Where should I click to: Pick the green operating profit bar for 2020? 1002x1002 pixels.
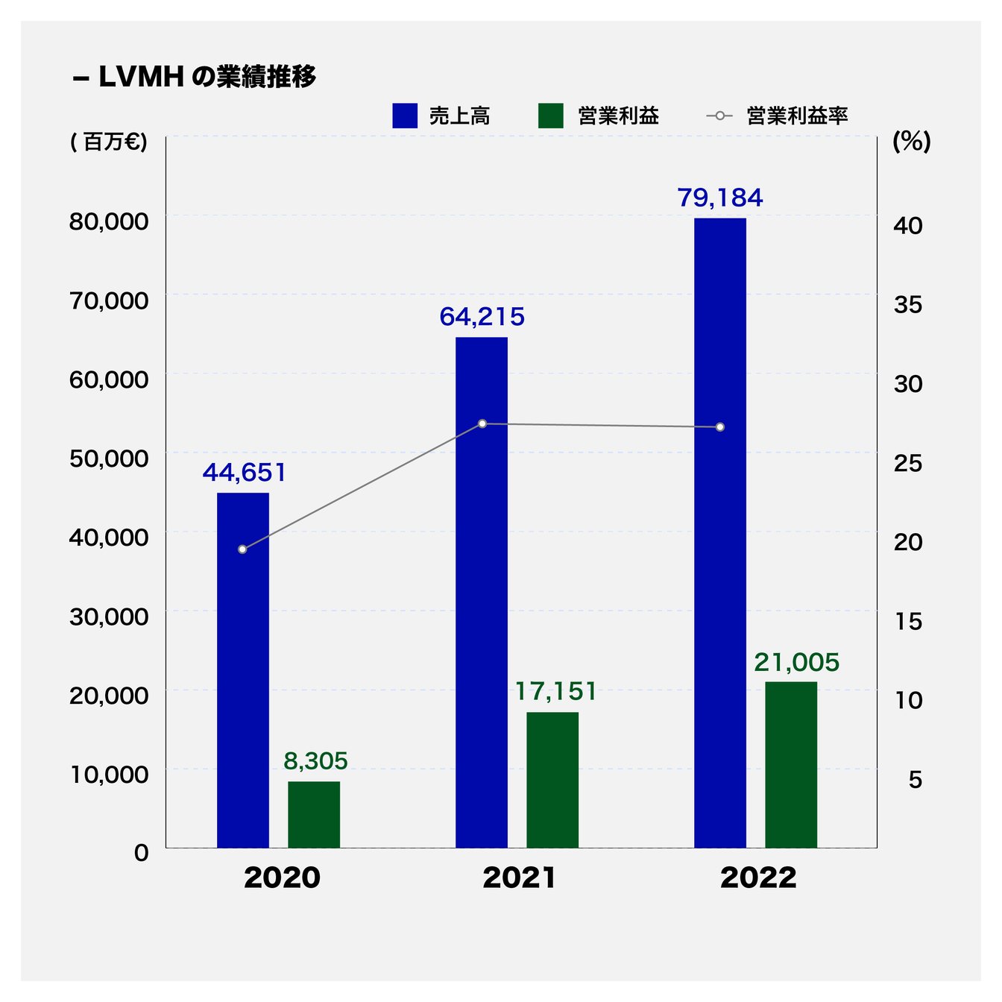(x=314, y=814)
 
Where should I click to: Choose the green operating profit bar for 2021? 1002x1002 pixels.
(x=552, y=780)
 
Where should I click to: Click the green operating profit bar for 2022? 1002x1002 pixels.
(x=791, y=764)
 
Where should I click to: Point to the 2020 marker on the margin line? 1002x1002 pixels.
(x=242, y=549)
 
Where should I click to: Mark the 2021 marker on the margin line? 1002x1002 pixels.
(x=482, y=423)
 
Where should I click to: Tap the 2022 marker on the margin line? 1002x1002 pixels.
(x=720, y=427)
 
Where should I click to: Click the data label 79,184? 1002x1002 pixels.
(x=720, y=198)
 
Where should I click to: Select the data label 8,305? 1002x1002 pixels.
(x=315, y=761)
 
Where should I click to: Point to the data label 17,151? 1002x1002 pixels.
(x=556, y=692)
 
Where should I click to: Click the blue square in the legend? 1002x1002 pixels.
(x=405, y=116)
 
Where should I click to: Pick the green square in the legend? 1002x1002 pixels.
(x=551, y=116)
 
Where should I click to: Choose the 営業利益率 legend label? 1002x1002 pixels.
(x=797, y=116)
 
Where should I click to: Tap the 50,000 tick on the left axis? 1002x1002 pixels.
(x=109, y=459)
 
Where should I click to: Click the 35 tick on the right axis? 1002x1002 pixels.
(x=908, y=304)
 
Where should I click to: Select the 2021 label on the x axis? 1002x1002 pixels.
(x=520, y=878)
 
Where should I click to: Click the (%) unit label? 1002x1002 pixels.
(x=912, y=142)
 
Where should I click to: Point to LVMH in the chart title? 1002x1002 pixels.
(x=141, y=77)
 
